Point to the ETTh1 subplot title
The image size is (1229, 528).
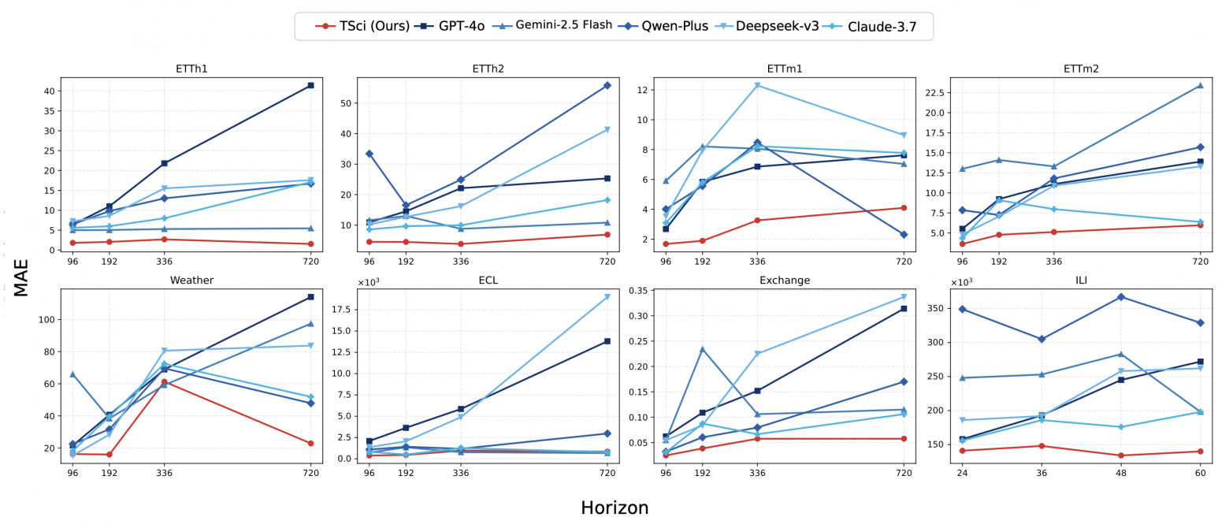pyautogui.click(x=191, y=69)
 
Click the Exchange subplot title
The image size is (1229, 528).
pyautogui.click(x=784, y=281)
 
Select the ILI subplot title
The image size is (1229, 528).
pyautogui.click(x=1080, y=281)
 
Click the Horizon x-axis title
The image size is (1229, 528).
pyautogui.click(x=614, y=508)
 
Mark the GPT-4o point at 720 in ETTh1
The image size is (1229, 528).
pyautogui.click(x=310, y=85)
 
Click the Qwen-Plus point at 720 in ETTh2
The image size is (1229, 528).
pyautogui.click(x=607, y=85)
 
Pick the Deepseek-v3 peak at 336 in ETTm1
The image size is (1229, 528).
pyautogui.click(x=757, y=85)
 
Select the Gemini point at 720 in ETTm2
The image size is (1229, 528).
pyautogui.click(x=1200, y=85)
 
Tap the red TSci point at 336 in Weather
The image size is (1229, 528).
pyautogui.click(x=164, y=381)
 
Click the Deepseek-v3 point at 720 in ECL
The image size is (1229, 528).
pyautogui.click(x=607, y=297)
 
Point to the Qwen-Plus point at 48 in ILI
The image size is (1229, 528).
pyautogui.click(x=1120, y=296)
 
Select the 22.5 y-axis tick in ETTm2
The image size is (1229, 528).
pyautogui.click(x=934, y=92)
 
